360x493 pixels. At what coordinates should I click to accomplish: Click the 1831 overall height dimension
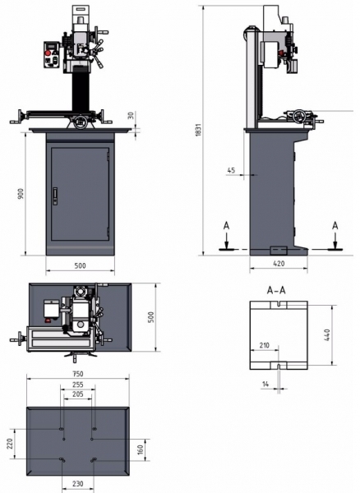(198, 130)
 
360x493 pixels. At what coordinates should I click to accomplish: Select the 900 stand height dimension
(21, 194)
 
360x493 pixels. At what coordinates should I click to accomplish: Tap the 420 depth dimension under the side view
(279, 264)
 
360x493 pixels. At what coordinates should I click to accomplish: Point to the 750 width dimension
(77, 374)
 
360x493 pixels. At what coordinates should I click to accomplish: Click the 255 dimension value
(77, 385)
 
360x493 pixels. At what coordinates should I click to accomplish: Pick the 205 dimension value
(77, 394)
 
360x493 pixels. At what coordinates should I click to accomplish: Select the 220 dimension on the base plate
(10, 444)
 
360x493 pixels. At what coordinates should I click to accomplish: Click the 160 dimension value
(141, 449)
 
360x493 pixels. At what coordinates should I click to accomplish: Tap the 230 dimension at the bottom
(77, 484)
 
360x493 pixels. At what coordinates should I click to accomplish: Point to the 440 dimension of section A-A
(326, 335)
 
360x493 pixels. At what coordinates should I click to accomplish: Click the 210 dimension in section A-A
(264, 345)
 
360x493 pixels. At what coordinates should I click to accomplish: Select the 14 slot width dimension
(265, 384)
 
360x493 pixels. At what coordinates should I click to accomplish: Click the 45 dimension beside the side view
(231, 170)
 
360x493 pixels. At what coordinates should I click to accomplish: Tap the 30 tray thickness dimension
(132, 115)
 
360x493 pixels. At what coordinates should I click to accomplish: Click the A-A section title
(276, 290)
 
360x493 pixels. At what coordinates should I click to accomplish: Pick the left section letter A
(226, 226)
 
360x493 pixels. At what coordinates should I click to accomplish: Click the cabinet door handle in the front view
(55, 196)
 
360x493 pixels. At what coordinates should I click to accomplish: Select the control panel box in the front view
(51, 54)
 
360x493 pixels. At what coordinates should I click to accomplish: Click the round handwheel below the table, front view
(81, 122)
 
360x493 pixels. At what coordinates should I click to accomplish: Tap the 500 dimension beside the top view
(151, 317)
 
